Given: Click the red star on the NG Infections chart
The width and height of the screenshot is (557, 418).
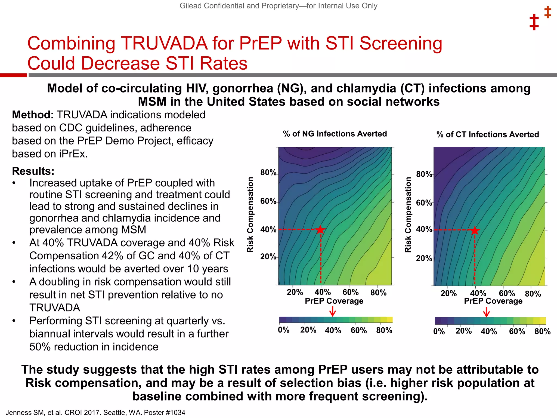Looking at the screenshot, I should point(321,230).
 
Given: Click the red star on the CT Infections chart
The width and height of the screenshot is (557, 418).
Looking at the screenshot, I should point(475,230).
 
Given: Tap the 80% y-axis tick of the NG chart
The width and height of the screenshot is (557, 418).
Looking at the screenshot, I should point(268,173).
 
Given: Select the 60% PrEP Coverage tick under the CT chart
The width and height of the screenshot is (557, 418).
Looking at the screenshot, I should point(507,293).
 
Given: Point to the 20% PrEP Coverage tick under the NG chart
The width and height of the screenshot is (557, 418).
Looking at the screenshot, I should point(295,293).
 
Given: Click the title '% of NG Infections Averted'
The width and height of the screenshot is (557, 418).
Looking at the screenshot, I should point(335,134).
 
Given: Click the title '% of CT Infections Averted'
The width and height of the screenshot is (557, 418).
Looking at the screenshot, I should point(488,134).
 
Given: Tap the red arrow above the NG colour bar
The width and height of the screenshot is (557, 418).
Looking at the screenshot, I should point(333,311).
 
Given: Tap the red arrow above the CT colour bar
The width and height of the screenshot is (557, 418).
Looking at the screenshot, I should point(487,312).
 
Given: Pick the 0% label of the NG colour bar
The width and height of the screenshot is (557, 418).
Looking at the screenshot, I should point(284,330).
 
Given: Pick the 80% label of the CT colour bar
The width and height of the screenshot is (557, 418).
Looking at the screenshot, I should point(542,331).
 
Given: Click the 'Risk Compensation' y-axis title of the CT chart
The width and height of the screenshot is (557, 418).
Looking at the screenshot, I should point(408,215).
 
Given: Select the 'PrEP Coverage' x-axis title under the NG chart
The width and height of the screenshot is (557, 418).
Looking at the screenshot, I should point(334,301).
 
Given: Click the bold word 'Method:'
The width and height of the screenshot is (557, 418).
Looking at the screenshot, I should point(33,115).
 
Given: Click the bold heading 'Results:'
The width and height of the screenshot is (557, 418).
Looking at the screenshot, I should point(33,171).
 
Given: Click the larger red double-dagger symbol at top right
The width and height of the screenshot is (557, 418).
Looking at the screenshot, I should point(534,22).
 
